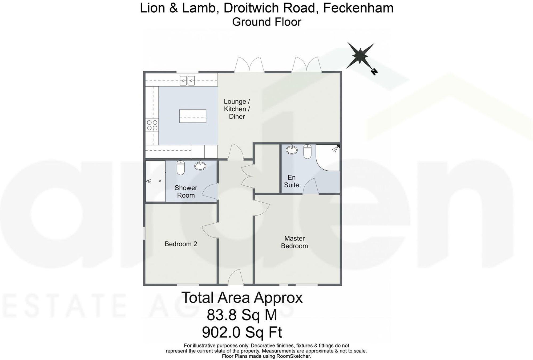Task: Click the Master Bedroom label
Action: [x=294, y=242]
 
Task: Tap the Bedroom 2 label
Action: [x=181, y=244]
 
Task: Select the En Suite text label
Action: [x=291, y=181]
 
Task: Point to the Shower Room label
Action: [x=186, y=191]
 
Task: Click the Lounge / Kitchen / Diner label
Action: [x=237, y=109]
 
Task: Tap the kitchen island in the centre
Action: [x=193, y=116]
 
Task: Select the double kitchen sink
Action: [x=187, y=80]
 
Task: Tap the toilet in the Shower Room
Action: [x=180, y=167]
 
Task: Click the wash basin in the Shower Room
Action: [x=200, y=166]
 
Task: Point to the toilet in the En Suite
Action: [x=307, y=151]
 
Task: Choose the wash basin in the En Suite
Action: [x=292, y=149]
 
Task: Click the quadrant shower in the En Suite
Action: [x=329, y=158]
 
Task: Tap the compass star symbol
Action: [x=360, y=55]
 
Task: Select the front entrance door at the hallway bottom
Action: [x=236, y=277]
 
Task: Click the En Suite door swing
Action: [x=310, y=186]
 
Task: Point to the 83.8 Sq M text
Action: [x=242, y=315]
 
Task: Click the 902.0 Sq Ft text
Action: [x=242, y=332]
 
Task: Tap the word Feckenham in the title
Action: [x=358, y=8]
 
